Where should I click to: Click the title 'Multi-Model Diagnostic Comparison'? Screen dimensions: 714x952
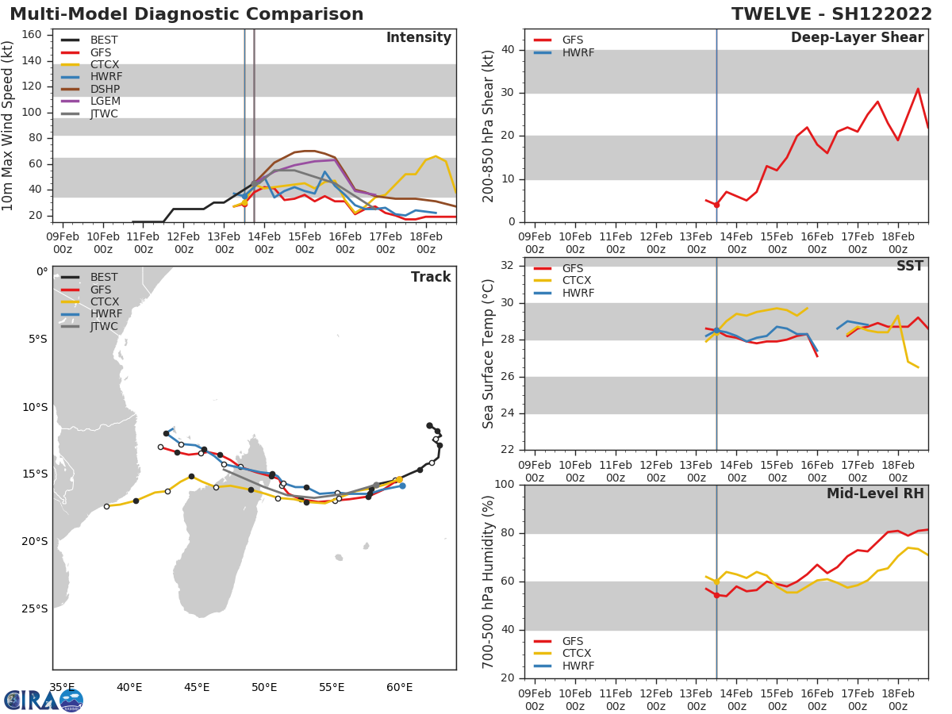click(186, 14)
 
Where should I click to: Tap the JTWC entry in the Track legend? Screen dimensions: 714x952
click(104, 327)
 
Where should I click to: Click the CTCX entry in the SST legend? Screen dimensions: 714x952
click(578, 281)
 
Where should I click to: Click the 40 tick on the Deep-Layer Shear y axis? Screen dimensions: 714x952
click(509, 49)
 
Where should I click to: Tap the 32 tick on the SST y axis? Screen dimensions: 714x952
click(509, 266)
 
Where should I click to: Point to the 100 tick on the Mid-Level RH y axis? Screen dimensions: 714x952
click(505, 485)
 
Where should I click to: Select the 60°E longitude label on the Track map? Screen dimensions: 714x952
click(399, 687)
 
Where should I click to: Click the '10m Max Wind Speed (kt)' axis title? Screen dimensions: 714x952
click(9, 126)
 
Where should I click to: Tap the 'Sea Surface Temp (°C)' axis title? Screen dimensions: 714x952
click(489, 354)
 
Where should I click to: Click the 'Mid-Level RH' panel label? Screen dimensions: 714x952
click(874, 494)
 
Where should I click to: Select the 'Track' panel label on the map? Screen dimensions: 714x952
click(431, 277)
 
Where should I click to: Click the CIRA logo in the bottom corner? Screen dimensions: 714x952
click(44, 700)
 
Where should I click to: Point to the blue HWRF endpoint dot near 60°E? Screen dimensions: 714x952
click(402, 486)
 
